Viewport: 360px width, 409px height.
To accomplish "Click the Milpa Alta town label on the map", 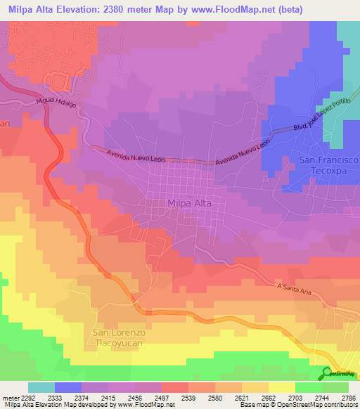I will click(x=190, y=204).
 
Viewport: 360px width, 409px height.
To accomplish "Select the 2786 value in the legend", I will click(x=349, y=397).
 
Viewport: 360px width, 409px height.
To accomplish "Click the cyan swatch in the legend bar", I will click(x=41, y=387).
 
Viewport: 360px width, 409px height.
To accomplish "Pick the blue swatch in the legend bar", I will click(x=68, y=387).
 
